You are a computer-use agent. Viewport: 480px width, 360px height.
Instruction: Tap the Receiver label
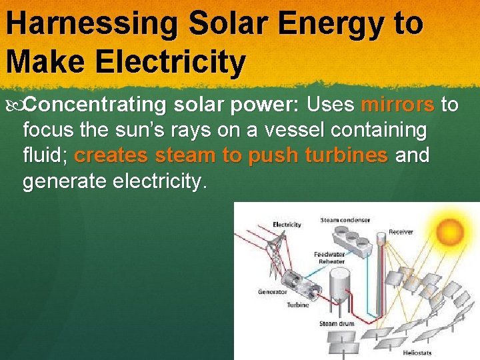point(401,232)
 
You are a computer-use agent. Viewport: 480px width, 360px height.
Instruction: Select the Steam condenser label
point(345,220)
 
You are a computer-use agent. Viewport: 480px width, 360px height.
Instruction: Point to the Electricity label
point(287,225)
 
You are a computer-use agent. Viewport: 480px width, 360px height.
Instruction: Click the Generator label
point(273,291)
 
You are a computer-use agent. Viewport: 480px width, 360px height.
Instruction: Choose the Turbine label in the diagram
point(297,305)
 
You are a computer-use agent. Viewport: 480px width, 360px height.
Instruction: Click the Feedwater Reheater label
point(329,258)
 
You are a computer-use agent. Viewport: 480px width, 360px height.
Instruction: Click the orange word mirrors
point(397,105)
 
